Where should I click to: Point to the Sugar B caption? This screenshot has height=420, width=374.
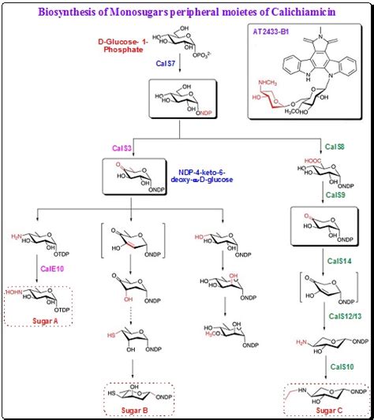pos(133,410)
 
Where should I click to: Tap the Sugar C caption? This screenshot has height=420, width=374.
pos(319,411)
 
